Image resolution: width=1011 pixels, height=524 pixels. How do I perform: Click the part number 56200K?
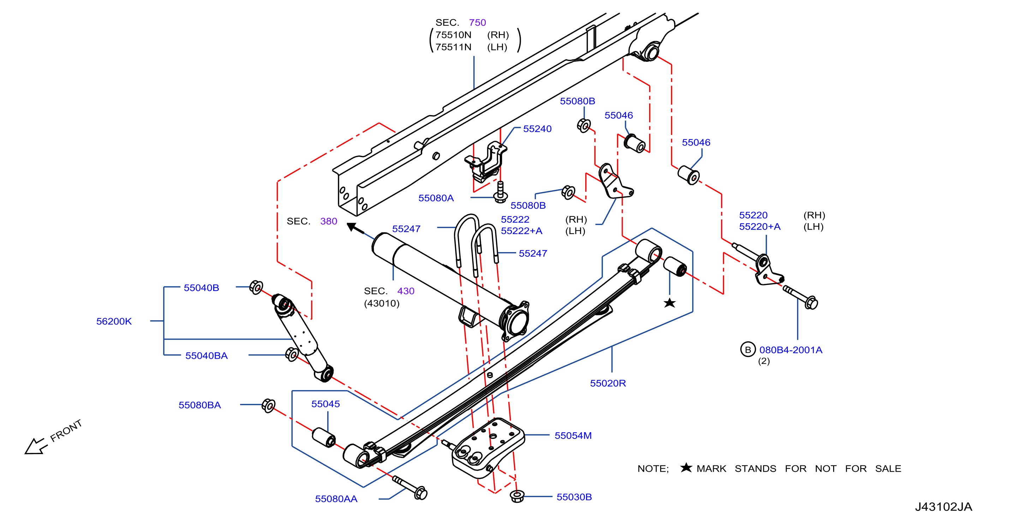coord(114,321)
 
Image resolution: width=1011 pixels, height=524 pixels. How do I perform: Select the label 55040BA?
coord(207,356)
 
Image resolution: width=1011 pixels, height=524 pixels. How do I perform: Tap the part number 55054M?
coord(573,436)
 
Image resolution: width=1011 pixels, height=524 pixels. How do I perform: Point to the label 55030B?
coord(574,497)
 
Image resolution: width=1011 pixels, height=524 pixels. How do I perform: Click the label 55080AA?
coord(336,499)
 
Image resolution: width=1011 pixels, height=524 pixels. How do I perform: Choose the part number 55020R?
coord(608,383)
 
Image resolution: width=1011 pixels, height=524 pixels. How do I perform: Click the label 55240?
coord(537,129)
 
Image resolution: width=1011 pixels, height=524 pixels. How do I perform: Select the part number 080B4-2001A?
coord(791,350)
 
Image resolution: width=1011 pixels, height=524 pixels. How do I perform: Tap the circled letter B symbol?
coord(748,350)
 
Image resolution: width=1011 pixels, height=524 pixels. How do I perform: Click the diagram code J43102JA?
coord(944,507)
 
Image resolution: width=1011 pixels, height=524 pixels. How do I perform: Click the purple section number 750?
coord(477,22)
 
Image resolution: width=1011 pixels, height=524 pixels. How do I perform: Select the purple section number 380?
coord(329,221)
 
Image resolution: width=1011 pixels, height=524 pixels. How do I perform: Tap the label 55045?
coord(325,404)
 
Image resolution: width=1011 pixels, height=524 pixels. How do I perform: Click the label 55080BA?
coord(200,405)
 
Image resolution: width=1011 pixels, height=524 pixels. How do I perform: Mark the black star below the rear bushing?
coord(670,303)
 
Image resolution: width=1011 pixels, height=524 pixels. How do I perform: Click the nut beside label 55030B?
coord(517,496)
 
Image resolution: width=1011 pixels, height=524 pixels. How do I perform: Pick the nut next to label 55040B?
coord(256,287)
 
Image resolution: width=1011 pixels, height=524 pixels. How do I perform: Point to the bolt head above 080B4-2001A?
coord(811,303)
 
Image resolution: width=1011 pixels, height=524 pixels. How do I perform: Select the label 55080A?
coord(436,198)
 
